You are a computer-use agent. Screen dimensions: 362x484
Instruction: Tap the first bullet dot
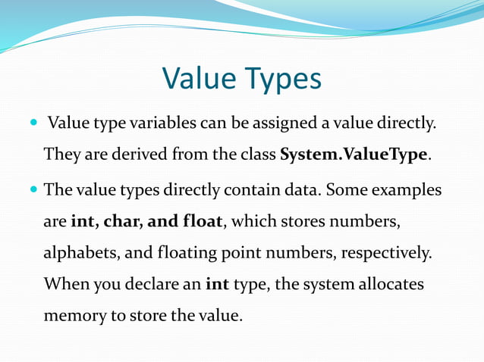coord(32,123)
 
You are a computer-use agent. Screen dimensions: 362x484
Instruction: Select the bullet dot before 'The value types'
coord(32,189)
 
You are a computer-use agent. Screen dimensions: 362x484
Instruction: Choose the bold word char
coord(118,221)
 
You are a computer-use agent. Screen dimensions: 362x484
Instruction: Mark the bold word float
coord(200,221)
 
